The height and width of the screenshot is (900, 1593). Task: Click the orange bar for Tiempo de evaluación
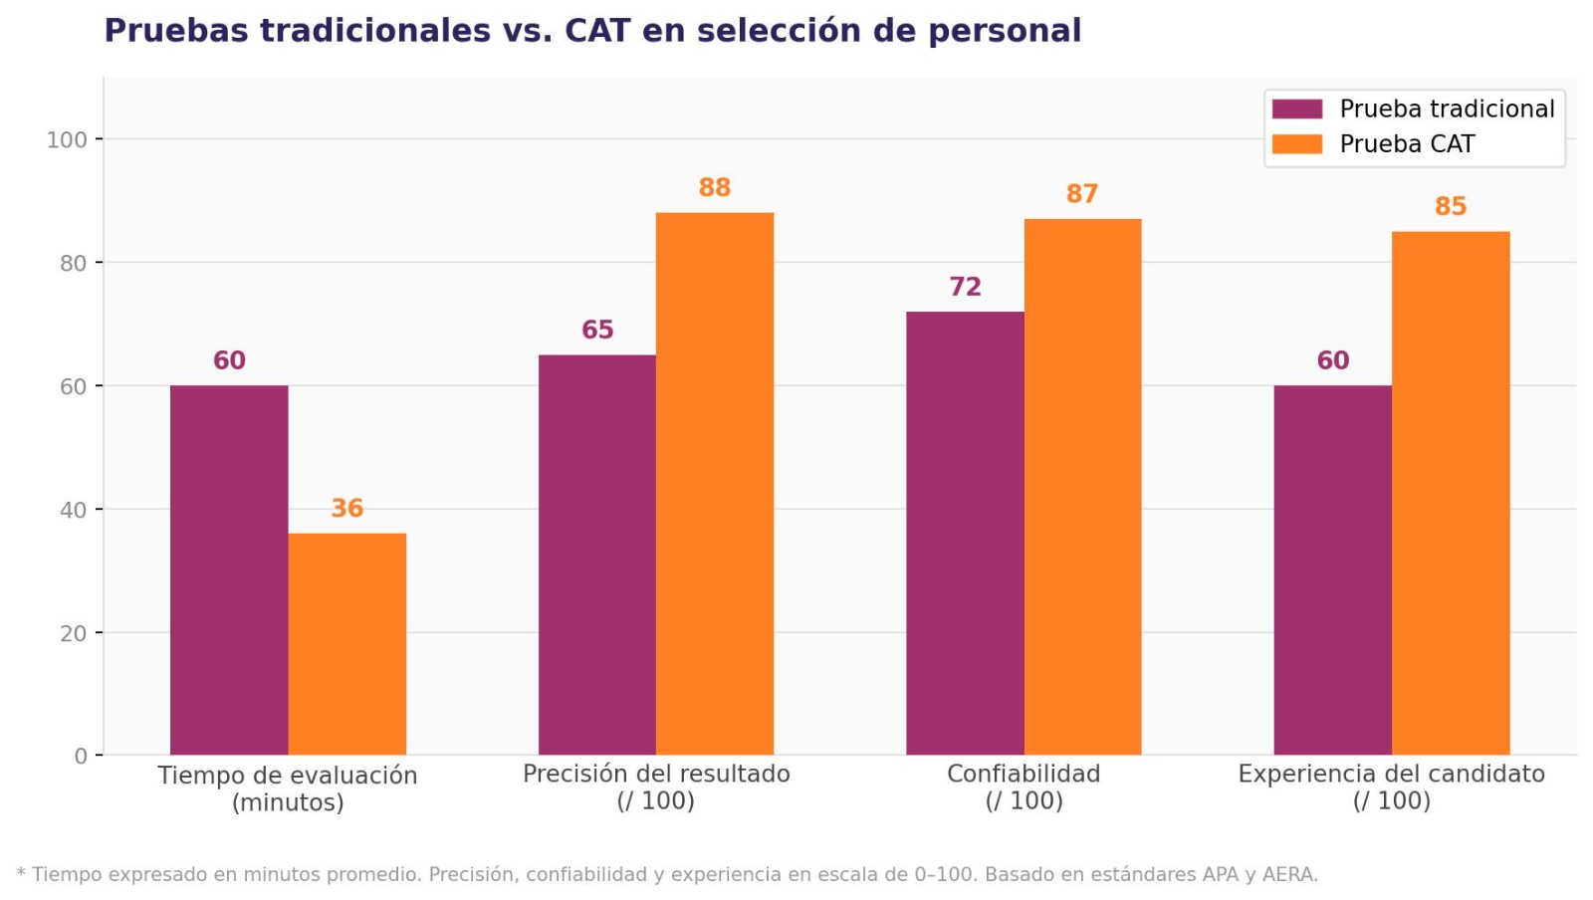[x=346, y=644]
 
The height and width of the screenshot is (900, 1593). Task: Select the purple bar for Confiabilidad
[x=964, y=533]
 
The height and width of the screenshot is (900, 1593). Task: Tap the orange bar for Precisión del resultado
[x=714, y=483]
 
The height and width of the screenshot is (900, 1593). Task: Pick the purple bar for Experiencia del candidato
[x=1332, y=569]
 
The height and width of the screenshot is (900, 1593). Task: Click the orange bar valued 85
[x=1450, y=493]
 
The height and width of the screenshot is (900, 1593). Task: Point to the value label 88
[x=714, y=187]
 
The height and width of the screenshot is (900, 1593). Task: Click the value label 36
[x=346, y=508]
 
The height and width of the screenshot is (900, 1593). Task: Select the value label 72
[x=964, y=287]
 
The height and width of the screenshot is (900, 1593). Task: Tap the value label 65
[x=597, y=330]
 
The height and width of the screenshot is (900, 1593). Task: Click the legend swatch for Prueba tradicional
[x=1296, y=109]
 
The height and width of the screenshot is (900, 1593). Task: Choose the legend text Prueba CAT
[x=1406, y=144]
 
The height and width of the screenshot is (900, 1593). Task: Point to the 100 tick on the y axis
[x=67, y=139]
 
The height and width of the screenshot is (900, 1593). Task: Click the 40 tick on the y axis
[x=73, y=510]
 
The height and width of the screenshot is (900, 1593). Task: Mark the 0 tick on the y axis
[x=81, y=757]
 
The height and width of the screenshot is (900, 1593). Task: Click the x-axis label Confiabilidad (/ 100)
[x=1024, y=787]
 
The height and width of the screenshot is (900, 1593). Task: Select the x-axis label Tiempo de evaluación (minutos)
[x=287, y=788]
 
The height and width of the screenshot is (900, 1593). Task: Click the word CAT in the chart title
[x=597, y=31]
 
